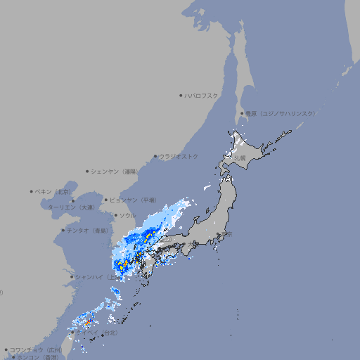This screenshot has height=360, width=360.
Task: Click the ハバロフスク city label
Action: click(202, 95)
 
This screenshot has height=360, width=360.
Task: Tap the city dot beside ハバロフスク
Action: click(181, 95)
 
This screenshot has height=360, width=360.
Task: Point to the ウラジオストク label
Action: click(179, 156)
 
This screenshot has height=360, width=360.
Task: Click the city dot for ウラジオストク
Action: click(155, 156)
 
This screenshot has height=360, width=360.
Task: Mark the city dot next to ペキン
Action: click(32, 191)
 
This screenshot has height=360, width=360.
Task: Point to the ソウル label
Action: click(127, 215)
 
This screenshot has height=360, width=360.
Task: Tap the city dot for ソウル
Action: click(115, 215)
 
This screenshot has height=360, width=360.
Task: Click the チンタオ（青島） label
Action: click(87, 230)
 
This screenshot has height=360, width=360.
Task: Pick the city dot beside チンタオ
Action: click(63, 230)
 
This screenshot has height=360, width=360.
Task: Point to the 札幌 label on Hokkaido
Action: click(240, 158)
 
